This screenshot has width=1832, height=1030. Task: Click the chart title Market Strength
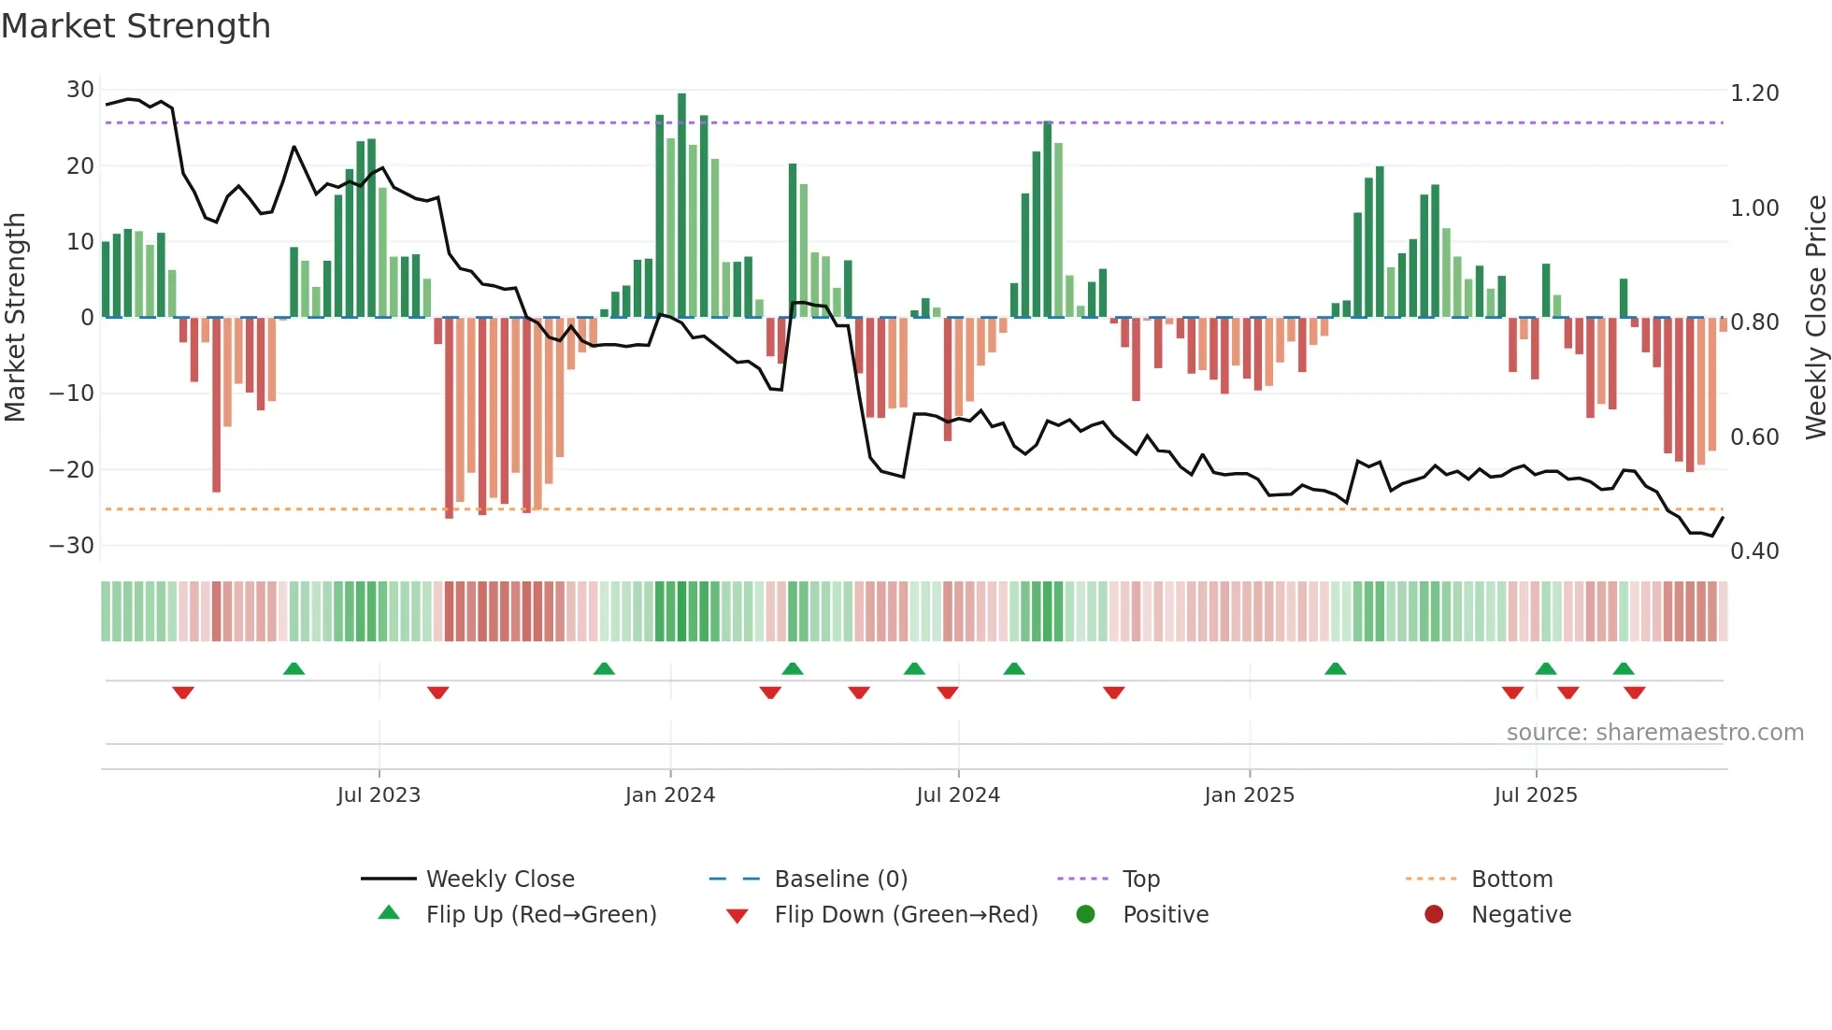(136, 26)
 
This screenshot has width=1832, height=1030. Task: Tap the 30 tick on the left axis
(79, 90)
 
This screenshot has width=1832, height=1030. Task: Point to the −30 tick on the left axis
(72, 545)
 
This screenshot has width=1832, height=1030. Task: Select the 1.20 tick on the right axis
(1753, 93)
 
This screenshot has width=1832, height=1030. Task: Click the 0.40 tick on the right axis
(1753, 551)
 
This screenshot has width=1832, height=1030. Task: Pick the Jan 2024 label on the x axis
(669, 795)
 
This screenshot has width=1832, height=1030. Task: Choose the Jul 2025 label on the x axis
(1535, 795)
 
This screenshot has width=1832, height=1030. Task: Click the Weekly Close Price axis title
(1815, 318)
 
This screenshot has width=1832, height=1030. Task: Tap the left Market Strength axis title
(16, 318)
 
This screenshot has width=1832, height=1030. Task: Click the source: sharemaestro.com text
(1654, 733)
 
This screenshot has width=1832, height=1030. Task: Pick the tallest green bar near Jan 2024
(681, 206)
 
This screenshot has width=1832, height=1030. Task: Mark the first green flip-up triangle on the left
(293, 668)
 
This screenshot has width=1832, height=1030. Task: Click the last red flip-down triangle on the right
(1634, 693)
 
